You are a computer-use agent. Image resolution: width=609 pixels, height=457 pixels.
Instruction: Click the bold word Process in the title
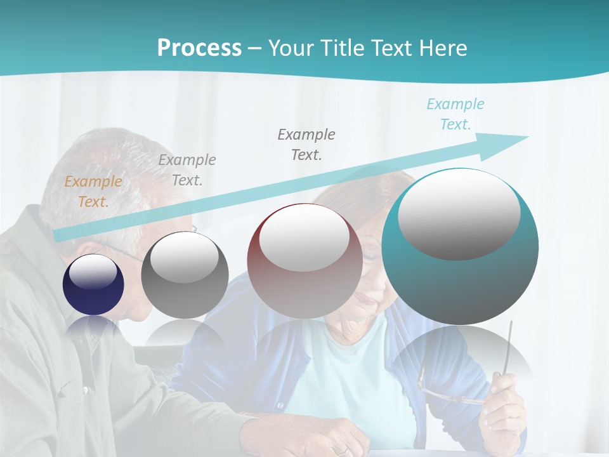199,48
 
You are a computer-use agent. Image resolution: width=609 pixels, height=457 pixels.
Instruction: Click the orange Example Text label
93,191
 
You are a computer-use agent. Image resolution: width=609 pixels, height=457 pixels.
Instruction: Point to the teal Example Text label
455,114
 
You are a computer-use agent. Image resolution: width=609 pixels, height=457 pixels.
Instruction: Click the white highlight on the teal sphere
459,213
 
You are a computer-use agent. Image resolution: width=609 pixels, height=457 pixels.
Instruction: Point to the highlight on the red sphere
304,237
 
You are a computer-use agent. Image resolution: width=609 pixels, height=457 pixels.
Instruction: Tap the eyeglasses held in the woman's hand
444,390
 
